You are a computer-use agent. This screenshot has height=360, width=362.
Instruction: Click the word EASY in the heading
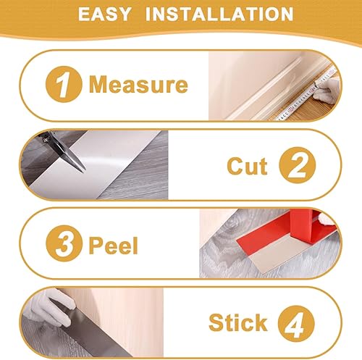[104, 14]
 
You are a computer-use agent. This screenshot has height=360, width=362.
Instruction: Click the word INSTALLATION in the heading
[219, 14]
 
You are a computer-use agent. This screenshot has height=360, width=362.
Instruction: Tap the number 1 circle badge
[64, 84]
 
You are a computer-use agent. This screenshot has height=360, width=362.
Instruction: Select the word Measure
[138, 84]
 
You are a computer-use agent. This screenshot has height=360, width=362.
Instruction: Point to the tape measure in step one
[306, 94]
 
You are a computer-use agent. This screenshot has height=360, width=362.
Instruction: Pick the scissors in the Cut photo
[64, 151]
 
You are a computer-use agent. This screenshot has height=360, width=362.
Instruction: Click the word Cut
[247, 166]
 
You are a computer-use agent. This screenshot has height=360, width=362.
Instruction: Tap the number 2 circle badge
[298, 165]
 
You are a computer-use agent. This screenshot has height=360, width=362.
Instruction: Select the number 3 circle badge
[64, 243]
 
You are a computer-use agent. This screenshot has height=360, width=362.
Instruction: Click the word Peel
[114, 245]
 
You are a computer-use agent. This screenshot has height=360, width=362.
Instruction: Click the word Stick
[238, 323]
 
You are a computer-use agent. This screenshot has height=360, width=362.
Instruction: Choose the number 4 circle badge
[296, 324]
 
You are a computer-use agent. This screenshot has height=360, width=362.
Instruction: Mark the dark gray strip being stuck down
[89, 331]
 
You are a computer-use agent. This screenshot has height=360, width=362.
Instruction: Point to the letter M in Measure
[98, 84]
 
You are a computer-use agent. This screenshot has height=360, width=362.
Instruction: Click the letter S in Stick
[216, 323]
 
